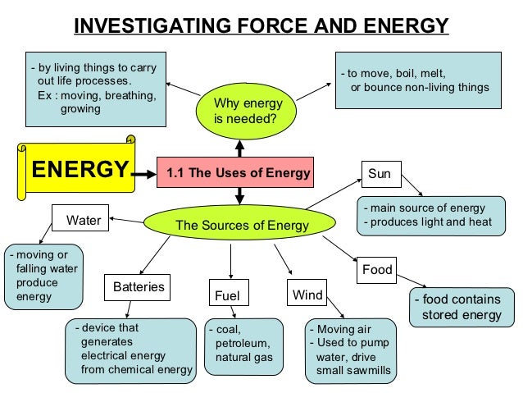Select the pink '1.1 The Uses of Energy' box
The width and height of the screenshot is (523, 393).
[238, 173]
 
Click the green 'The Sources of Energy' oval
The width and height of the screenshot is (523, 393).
[241, 225]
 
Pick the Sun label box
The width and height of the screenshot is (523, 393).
[380, 174]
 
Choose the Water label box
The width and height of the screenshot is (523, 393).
[83, 220]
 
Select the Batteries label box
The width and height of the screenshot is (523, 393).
[139, 287]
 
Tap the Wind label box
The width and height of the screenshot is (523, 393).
[307, 293]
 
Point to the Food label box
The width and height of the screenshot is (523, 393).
[377, 268]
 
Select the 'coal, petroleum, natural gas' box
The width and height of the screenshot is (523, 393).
[240, 345]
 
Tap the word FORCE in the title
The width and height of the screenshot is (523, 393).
[229, 26]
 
